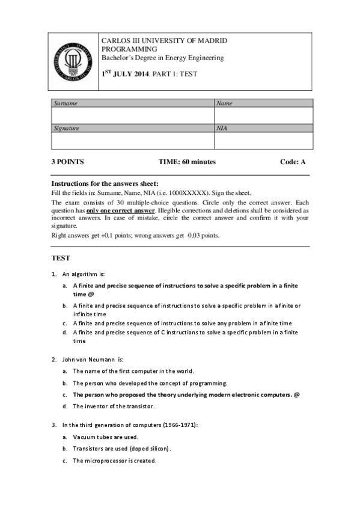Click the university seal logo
(75, 61)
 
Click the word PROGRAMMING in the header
(129, 49)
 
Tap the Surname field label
(66, 103)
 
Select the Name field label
(224, 103)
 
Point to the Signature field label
(67, 128)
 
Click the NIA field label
(222, 128)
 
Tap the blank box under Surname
(133, 115)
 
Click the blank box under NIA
(263, 141)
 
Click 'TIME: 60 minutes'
(187, 162)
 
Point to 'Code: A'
(293, 162)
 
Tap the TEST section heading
(61, 258)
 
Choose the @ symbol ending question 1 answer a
(91, 295)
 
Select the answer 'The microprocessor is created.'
(115, 461)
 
